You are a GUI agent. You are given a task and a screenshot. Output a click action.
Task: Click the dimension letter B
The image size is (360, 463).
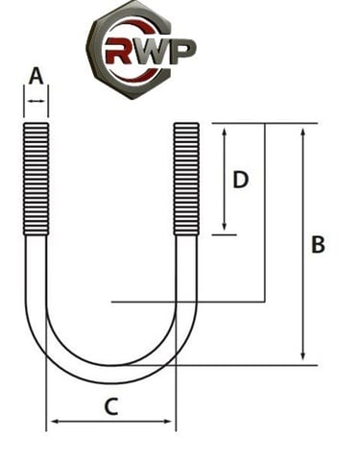pyautogui.click(x=318, y=245)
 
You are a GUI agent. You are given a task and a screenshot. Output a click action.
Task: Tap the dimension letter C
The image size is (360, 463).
pyautogui.click(x=110, y=406)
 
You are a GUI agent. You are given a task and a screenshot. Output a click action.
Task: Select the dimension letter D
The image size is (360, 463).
pyautogui.click(x=241, y=179)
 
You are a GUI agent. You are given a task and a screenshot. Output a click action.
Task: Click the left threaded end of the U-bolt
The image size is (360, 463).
pyautogui.click(x=36, y=178)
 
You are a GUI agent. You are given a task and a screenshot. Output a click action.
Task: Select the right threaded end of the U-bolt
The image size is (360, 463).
pyautogui.click(x=186, y=178)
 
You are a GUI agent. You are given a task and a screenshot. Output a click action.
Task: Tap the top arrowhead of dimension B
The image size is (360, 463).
pyautogui.click(x=303, y=129)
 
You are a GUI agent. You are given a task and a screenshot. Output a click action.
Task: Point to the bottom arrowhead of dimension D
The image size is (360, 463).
pyautogui.click(x=224, y=228)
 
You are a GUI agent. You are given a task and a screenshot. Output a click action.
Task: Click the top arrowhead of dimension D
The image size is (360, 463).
pyautogui.click(x=224, y=129)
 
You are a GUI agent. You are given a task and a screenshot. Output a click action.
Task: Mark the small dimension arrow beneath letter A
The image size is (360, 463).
pyautogui.click(x=36, y=99)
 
